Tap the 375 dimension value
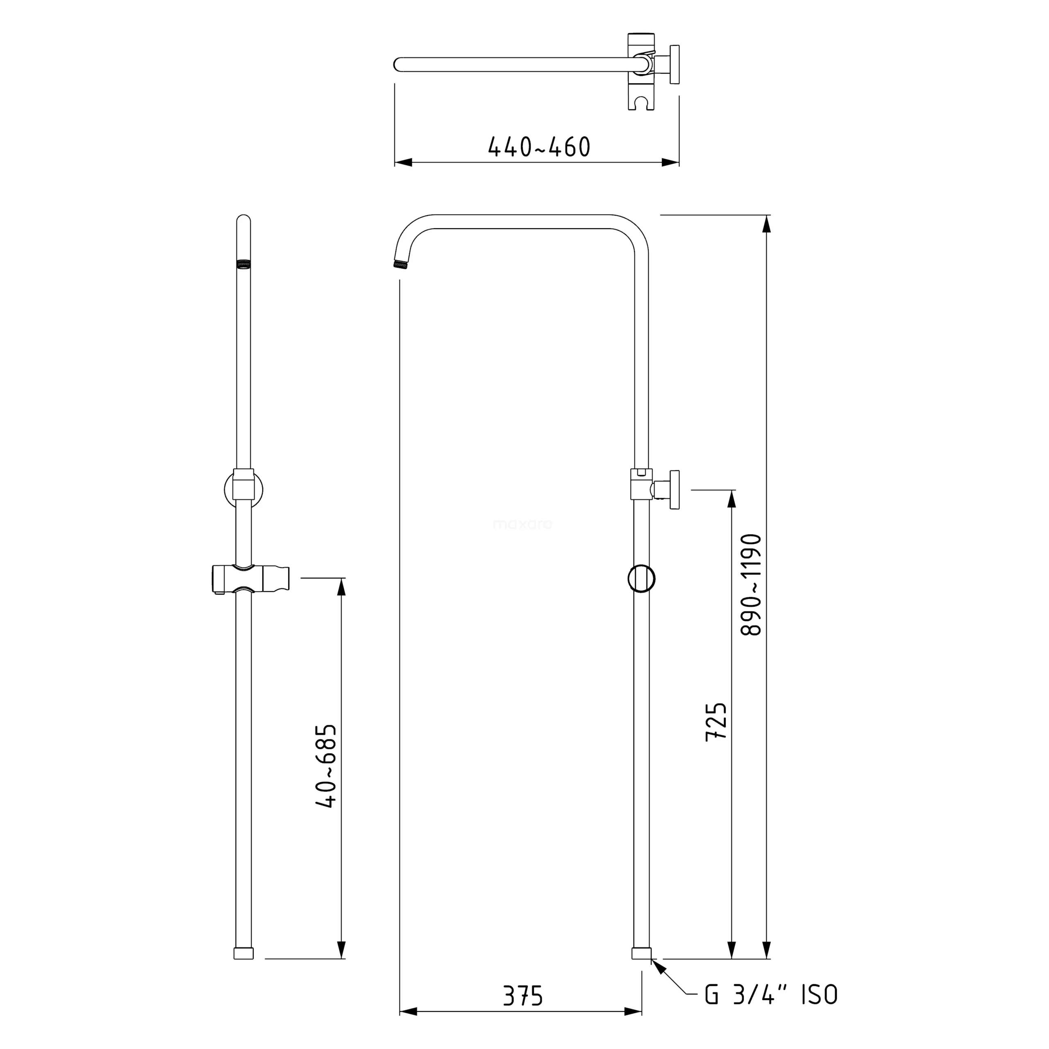point(522,996)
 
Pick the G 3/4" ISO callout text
point(772,995)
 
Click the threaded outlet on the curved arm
point(400,264)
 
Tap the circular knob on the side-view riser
point(641,579)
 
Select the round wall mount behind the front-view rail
point(243,489)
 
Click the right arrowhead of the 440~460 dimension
point(671,162)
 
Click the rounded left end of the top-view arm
point(398,65)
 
